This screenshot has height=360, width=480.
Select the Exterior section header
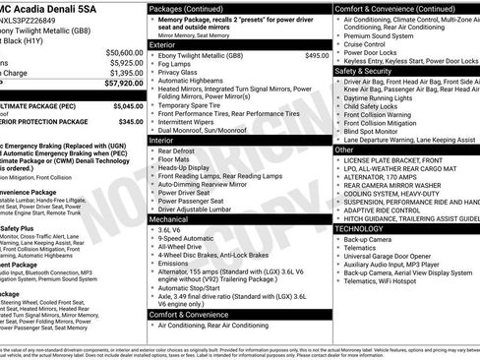(163, 44)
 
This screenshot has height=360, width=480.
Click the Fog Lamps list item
(177, 64)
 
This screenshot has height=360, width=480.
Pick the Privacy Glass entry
(180, 72)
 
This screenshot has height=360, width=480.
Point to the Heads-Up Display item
(188, 167)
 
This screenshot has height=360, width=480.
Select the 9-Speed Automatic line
(190, 238)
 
